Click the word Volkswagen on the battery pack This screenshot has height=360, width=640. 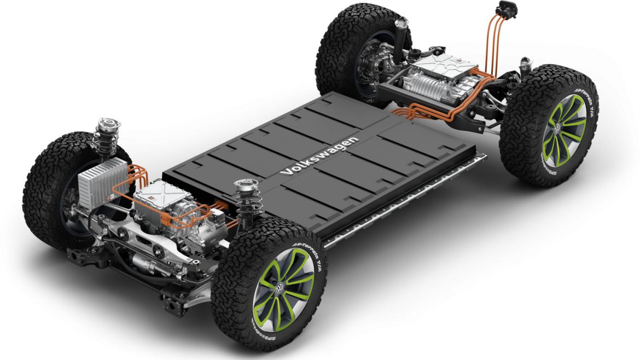click(319, 156)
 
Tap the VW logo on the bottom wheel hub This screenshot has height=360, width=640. click(281, 288)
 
